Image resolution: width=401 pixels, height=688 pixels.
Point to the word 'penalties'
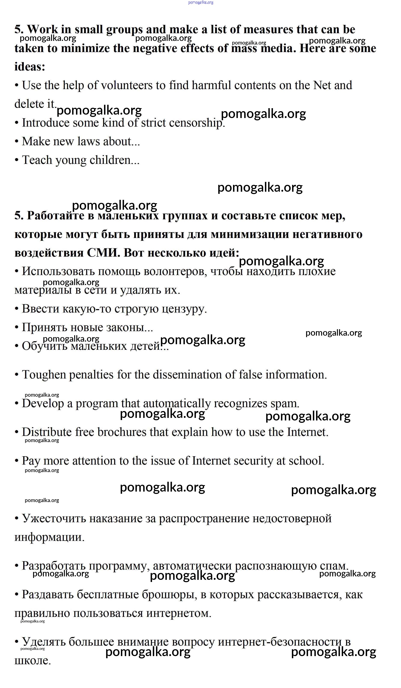tap(91, 375)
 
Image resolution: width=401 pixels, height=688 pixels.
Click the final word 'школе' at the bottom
tap(33, 661)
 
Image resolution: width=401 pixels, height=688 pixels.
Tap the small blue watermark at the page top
tap(201, 2)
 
